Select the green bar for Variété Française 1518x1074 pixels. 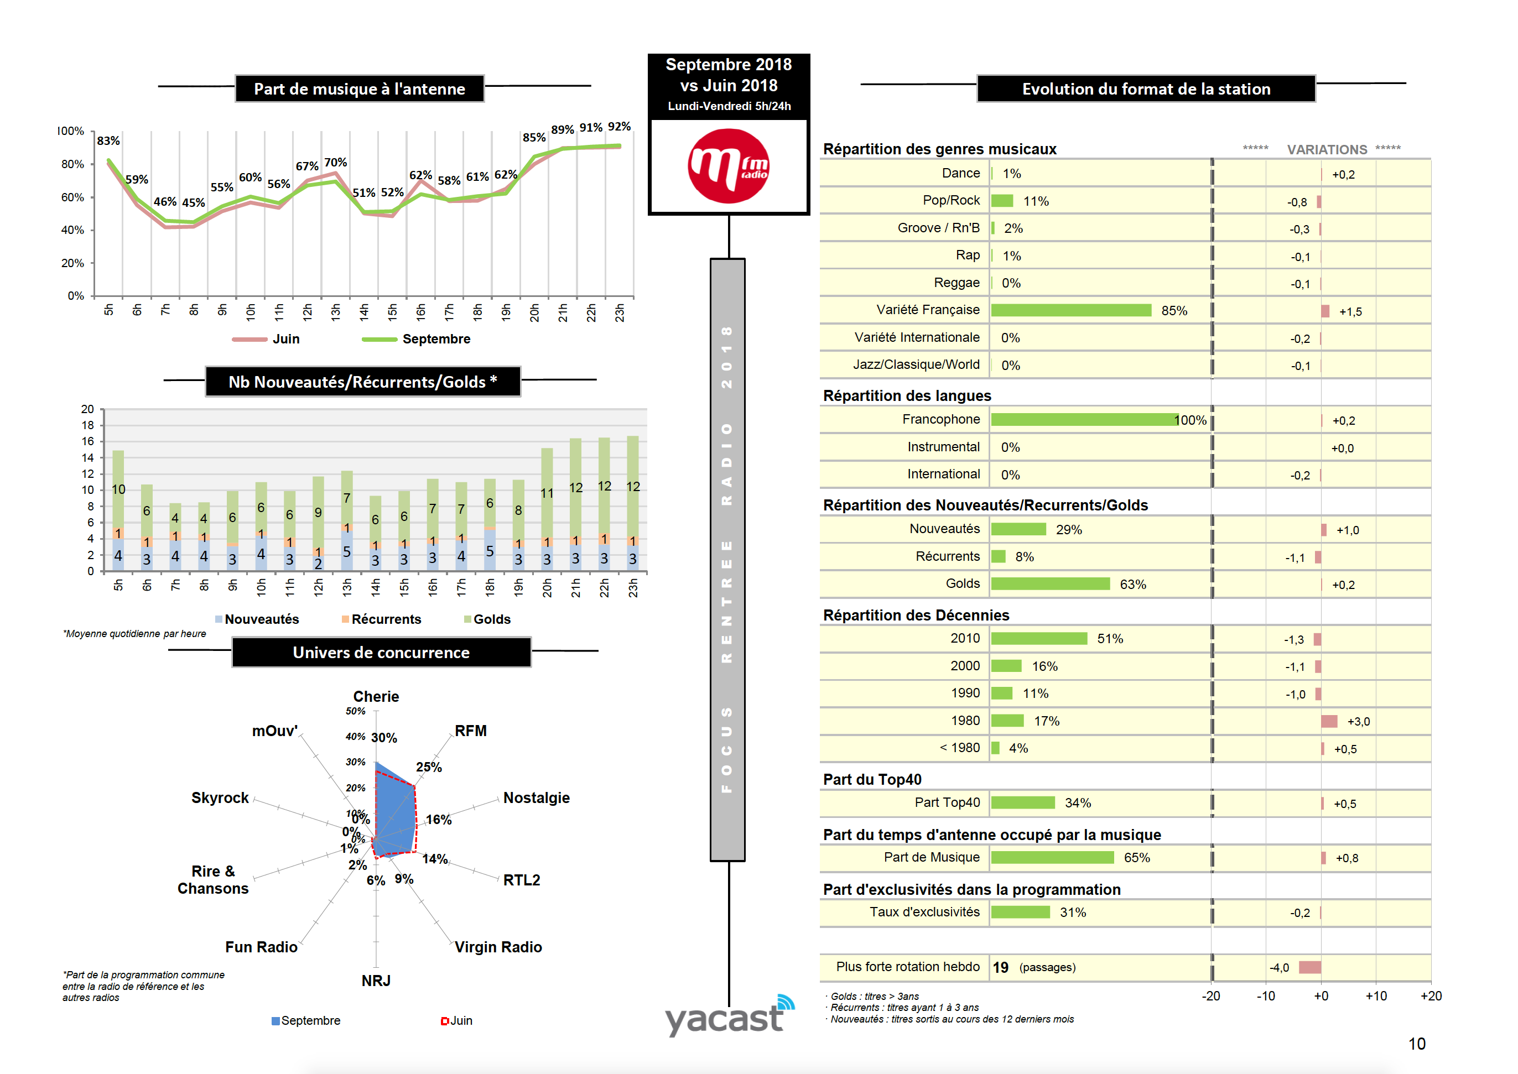click(x=1071, y=311)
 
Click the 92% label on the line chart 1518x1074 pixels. click(x=619, y=126)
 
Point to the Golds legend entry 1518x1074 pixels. click(x=491, y=619)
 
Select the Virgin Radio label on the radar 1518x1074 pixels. click(x=498, y=947)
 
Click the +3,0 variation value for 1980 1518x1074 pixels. click(x=1359, y=722)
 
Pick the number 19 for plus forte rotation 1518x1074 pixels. click(x=1000, y=967)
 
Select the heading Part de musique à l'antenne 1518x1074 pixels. click(x=359, y=89)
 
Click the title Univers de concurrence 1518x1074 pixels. click(x=381, y=653)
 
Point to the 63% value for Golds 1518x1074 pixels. click(x=1132, y=585)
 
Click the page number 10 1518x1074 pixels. click(x=1417, y=1044)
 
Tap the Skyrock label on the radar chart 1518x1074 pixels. click(x=220, y=797)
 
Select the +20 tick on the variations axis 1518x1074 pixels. click(x=1431, y=996)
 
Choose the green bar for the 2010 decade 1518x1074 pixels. click(x=1038, y=639)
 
